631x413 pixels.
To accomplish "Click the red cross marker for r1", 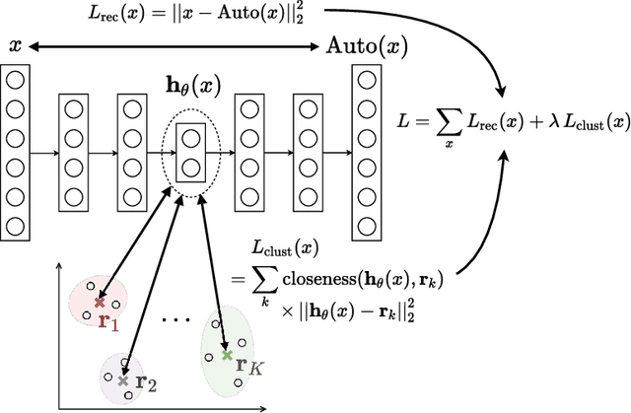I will [99, 303].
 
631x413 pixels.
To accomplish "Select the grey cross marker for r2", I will [122, 380].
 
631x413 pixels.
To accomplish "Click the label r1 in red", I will [108, 320].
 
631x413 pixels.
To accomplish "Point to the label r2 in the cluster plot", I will [146, 380].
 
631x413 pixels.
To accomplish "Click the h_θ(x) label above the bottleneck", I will [190, 86].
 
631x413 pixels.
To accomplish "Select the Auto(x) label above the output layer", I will [368, 46].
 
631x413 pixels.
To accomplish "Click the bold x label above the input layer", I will [15, 45].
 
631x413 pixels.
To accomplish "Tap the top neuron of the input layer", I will [15, 80].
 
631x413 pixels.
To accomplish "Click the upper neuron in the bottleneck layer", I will [190, 138].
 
